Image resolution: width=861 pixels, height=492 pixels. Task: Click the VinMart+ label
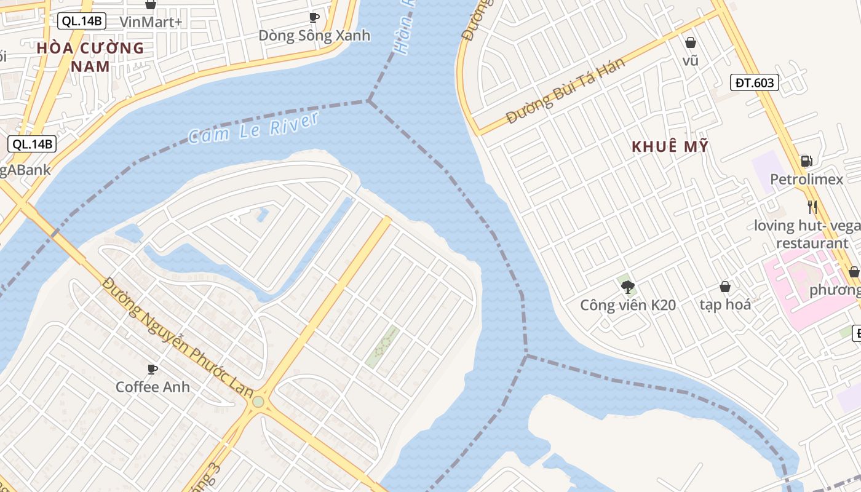151,22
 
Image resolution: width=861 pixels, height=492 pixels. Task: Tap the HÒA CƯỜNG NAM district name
90,57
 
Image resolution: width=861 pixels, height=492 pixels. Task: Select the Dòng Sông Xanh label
314,36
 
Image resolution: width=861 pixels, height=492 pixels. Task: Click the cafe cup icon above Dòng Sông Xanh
314,17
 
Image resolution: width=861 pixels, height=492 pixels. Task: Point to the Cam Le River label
253,128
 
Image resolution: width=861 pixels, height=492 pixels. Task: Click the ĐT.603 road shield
754,82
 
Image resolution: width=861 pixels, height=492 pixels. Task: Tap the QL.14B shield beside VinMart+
82,22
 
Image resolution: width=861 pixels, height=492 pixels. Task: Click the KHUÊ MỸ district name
670,146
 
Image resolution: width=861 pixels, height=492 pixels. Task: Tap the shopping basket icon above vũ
691,42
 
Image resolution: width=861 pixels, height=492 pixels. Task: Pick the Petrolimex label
806,180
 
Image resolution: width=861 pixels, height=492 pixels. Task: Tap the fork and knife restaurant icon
812,207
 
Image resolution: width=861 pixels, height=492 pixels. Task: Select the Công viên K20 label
628,305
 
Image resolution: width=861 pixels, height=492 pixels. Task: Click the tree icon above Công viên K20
628,287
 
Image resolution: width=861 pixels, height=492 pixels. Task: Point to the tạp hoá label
725,304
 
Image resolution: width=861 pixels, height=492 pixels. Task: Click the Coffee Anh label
153,387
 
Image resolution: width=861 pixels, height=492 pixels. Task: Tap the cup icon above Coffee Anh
153,369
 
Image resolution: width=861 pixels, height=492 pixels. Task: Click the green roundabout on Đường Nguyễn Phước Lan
258,402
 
